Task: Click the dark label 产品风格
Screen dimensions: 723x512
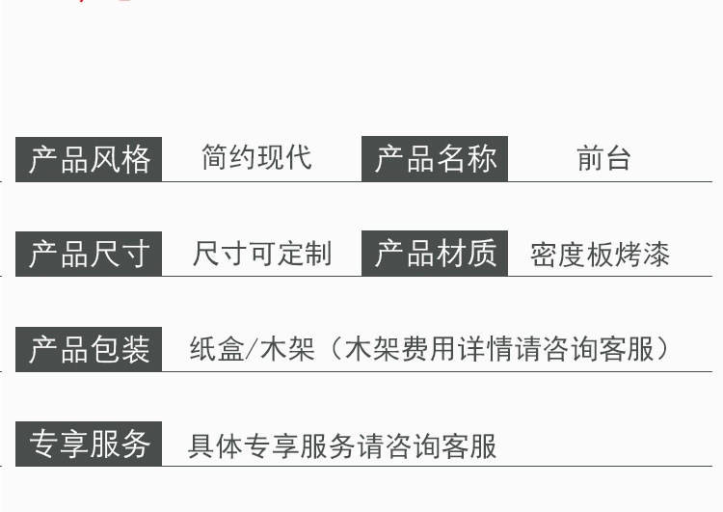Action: point(89,159)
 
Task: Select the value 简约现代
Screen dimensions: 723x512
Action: point(256,158)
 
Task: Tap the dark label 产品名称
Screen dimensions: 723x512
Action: point(435,159)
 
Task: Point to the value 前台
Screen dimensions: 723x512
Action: point(603,158)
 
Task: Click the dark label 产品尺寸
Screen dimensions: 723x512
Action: point(89,255)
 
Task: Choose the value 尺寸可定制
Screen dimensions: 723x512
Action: point(261,255)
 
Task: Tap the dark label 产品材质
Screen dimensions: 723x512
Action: point(435,254)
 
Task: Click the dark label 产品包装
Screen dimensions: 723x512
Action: point(89,349)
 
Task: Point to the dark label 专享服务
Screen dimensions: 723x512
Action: point(89,445)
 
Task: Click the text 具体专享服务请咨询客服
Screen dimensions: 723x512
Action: point(342,446)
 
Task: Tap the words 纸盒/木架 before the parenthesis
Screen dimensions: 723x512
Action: point(253,349)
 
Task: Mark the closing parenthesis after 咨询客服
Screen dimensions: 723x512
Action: point(663,349)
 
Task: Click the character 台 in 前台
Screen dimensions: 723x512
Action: point(618,158)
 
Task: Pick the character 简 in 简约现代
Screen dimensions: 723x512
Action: point(215,158)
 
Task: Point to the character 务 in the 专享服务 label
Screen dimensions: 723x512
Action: point(136,445)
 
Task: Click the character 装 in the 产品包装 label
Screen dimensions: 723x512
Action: point(136,349)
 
